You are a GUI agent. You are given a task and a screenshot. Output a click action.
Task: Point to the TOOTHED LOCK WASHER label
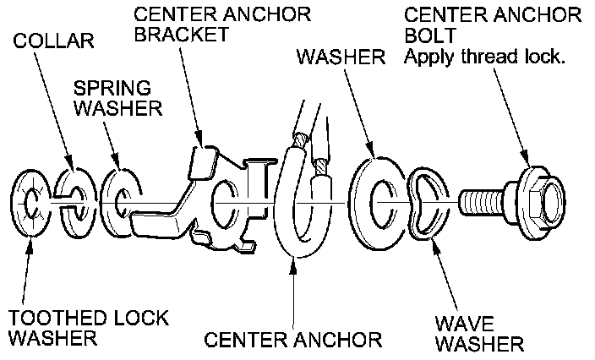pos(88,329)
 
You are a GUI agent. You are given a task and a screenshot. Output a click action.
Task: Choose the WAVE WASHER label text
pos(479,334)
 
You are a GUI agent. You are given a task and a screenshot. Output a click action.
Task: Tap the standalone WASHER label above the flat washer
pos(340,58)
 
